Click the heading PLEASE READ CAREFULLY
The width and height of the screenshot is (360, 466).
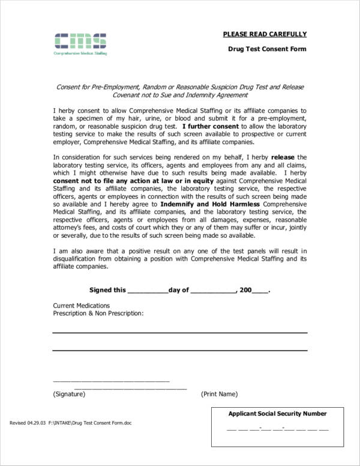click(265, 34)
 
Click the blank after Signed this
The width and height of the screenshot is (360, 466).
click(148, 291)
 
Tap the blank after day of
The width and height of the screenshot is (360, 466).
click(214, 291)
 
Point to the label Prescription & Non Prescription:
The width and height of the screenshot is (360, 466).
click(98, 313)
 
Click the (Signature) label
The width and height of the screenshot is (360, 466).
click(69, 395)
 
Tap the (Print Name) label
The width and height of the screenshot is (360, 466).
click(219, 395)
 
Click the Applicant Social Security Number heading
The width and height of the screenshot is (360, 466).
click(277, 414)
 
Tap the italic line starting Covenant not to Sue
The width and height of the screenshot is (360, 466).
click(180, 95)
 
